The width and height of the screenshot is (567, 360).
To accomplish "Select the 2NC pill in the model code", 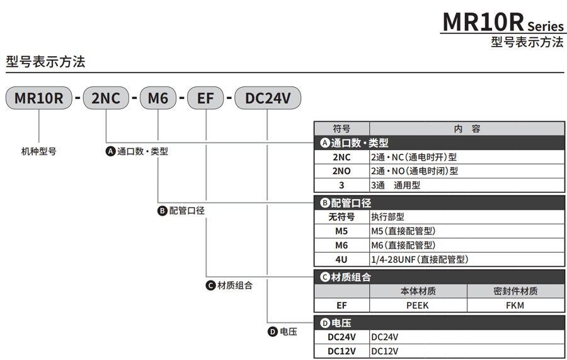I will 106,98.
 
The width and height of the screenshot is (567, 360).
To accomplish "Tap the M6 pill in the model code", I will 157,98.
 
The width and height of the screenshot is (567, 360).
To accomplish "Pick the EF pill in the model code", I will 206,98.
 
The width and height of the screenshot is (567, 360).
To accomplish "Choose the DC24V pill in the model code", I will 268,98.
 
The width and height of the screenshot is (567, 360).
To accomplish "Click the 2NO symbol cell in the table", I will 341,171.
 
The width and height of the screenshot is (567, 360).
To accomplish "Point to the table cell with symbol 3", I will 341,185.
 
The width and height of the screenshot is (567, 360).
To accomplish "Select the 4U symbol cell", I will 341,259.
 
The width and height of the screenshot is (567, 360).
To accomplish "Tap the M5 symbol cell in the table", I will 341,231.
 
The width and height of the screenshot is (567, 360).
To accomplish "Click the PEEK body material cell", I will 418,305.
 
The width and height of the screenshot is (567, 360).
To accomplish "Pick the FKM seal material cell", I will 515,305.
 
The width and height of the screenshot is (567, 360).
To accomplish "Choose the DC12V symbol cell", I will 341,351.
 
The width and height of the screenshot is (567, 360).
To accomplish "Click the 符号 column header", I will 341,129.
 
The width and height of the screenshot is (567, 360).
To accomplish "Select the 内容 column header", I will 467,129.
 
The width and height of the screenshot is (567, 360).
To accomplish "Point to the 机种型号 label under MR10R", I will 39,151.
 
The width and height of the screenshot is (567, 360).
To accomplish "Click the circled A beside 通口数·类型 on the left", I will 110,151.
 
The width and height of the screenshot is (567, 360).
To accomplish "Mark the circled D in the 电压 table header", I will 325,323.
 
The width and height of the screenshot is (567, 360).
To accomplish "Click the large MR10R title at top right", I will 483,21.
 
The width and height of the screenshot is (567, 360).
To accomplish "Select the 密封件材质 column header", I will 515,291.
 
